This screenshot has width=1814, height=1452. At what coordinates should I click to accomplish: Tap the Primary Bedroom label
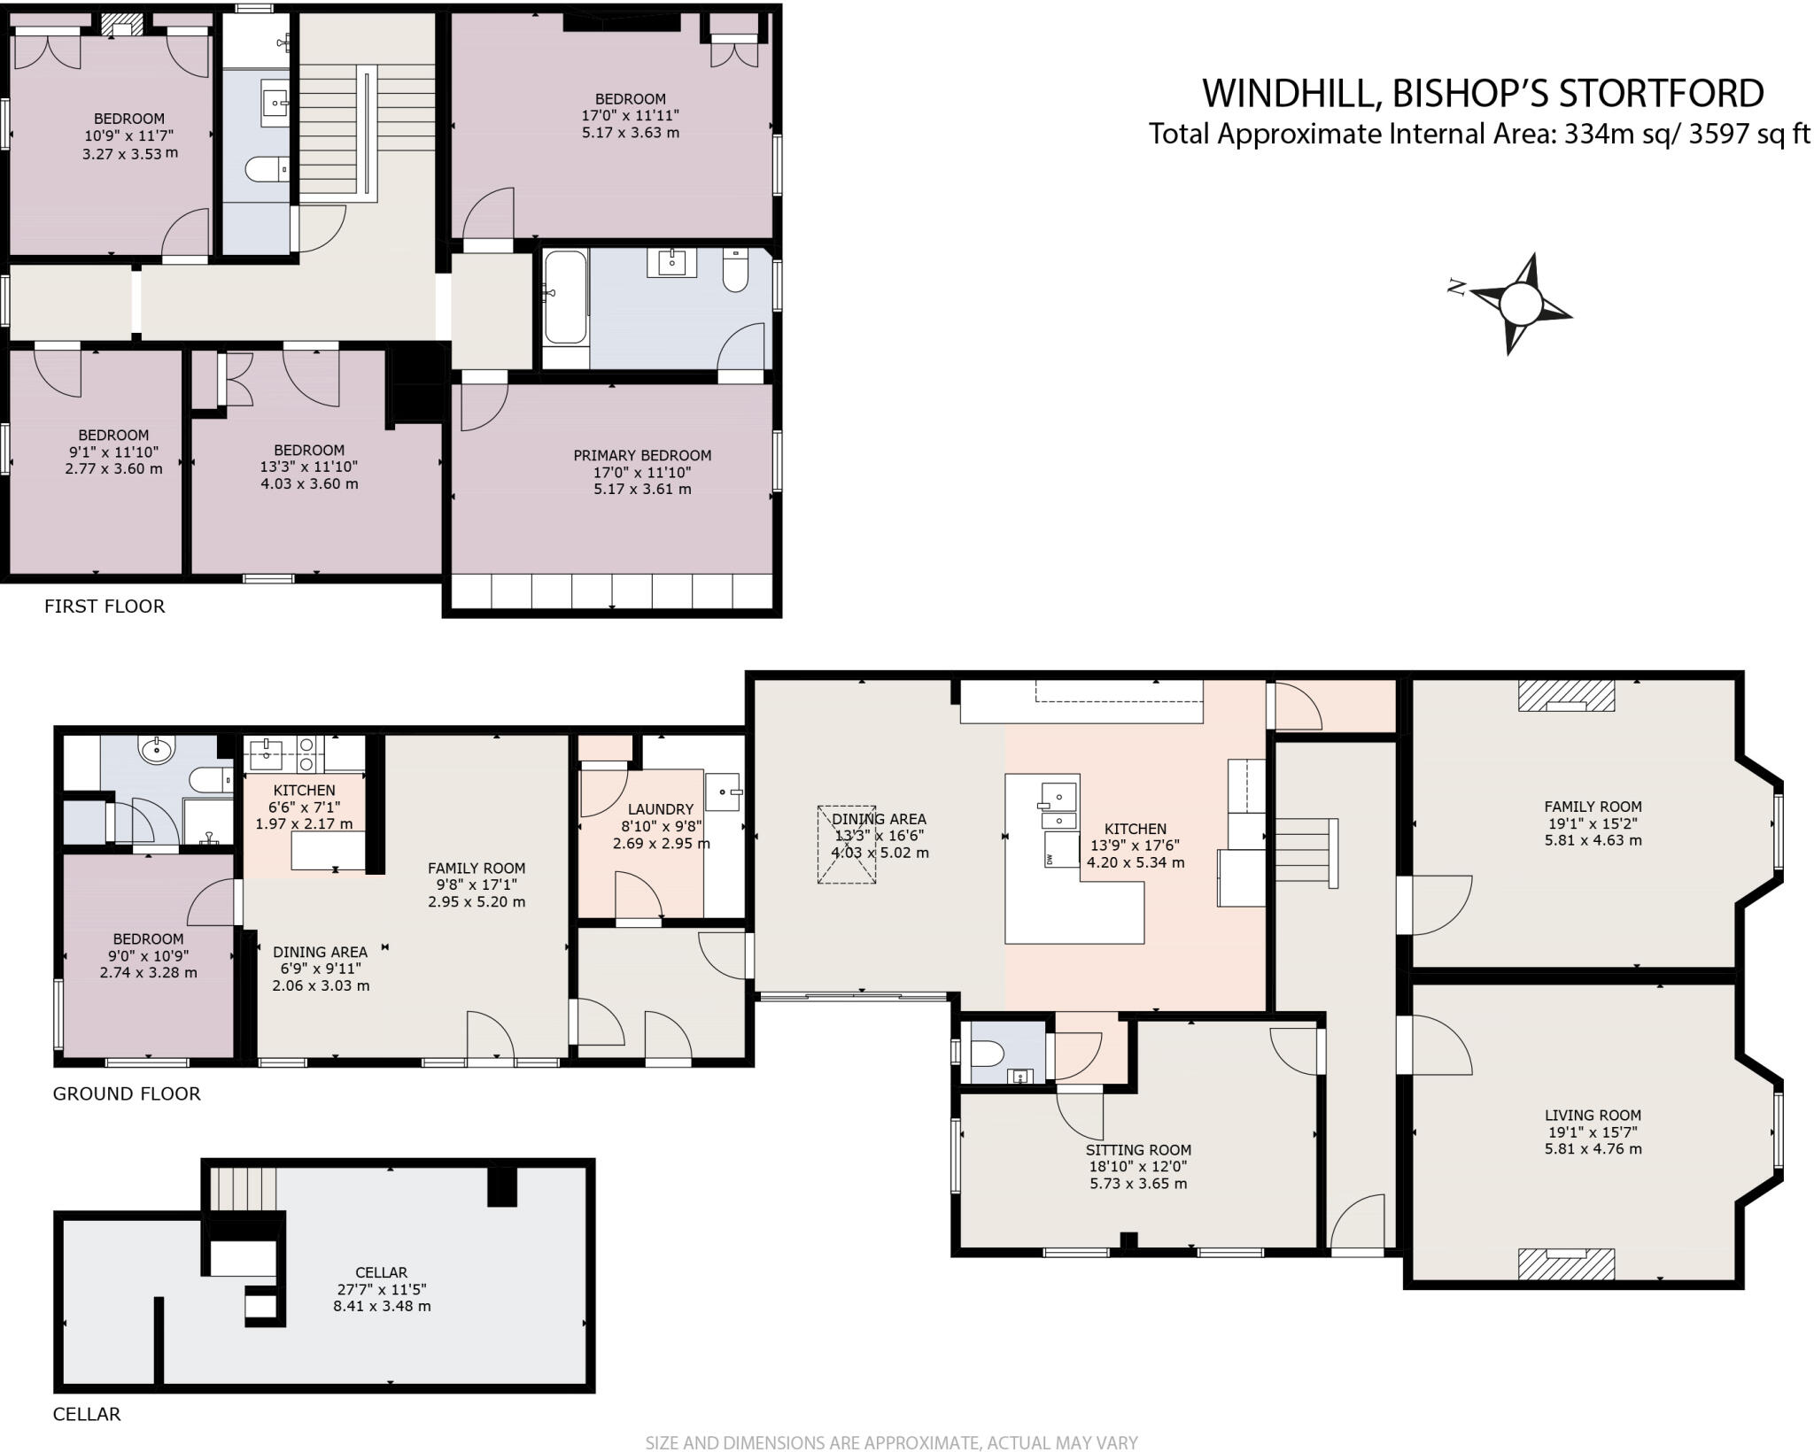tap(642, 456)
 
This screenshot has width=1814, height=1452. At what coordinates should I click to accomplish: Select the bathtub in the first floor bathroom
tap(565, 297)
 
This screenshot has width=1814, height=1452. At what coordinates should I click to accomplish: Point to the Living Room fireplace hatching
tap(1566, 1263)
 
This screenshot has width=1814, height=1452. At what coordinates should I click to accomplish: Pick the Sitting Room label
tap(1138, 1150)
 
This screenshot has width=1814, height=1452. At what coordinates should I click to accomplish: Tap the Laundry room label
tap(660, 809)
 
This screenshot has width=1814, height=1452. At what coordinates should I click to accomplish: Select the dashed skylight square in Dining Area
tap(846, 844)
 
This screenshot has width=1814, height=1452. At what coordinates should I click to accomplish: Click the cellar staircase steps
tap(243, 1188)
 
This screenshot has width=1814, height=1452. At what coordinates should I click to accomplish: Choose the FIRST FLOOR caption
tap(105, 606)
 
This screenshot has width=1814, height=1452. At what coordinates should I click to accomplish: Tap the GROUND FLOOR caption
tap(127, 1093)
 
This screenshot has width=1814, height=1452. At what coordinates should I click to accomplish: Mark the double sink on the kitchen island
tap(1058, 804)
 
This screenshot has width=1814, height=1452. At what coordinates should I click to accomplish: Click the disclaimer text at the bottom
tap(890, 1443)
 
